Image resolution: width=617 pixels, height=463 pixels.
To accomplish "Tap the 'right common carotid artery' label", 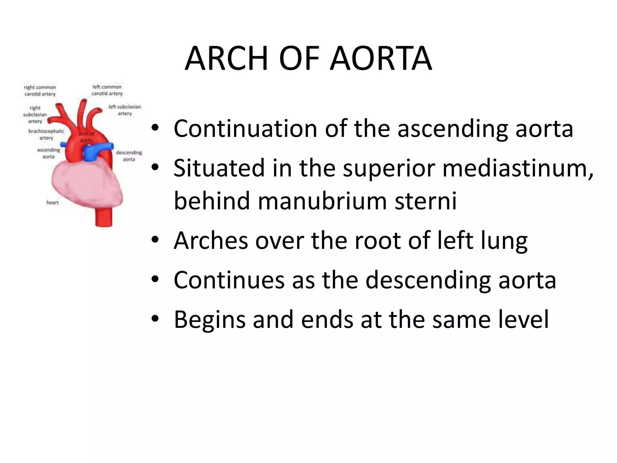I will (40, 90).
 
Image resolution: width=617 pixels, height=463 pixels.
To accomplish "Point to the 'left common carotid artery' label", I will (107, 90).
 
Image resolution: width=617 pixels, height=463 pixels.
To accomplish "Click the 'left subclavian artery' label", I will (125, 110).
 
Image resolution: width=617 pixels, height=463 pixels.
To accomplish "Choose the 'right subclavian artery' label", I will (35, 115).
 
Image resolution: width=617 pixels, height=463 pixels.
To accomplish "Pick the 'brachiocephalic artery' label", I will (46, 134).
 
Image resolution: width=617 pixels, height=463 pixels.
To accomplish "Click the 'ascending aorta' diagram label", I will (49, 153).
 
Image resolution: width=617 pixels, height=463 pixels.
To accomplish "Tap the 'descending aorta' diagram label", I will (129, 156).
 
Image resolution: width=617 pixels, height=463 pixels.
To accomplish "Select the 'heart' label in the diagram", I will (52, 203).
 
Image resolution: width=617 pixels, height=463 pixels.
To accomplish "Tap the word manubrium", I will (322, 201).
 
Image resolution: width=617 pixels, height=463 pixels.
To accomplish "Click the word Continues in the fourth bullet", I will (229, 280).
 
